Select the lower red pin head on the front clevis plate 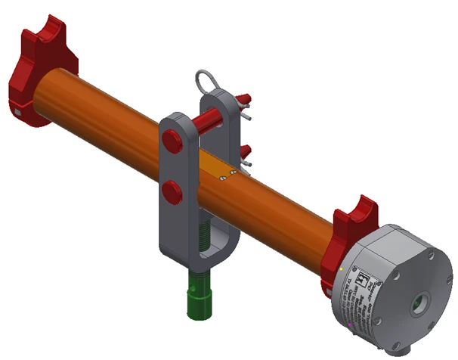(172, 190)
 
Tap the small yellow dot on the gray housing (343, 268)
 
